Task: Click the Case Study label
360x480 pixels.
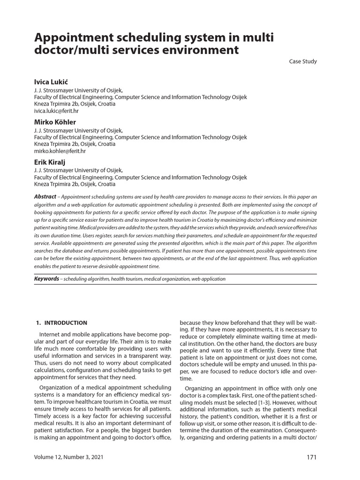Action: [x=303, y=61]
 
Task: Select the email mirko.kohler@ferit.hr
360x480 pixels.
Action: [x=60, y=151]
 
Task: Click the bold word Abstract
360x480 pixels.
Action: [x=45, y=196]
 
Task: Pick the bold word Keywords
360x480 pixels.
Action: [x=46, y=278]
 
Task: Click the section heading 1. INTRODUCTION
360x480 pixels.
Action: [x=61, y=322]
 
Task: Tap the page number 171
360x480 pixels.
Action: [x=312, y=457]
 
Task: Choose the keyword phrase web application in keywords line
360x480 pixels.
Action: [x=209, y=279]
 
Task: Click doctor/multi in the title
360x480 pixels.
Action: [x=71, y=50]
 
